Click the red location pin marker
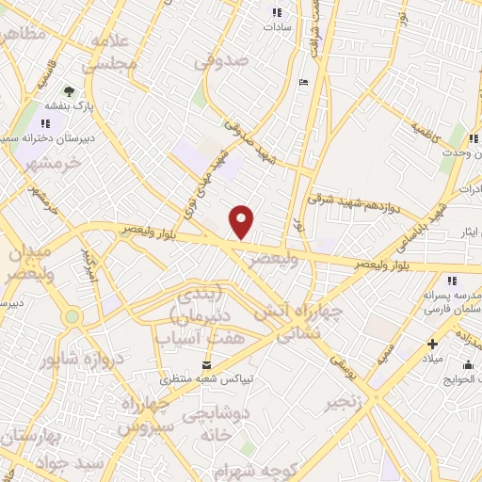click(243, 221)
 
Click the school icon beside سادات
click(277, 12)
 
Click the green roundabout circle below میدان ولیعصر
click(72, 317)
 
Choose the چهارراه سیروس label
click(147, 415)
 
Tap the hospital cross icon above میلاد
click(432, 345)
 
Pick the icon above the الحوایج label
click(468, 365)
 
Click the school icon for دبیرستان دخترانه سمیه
click(45, 123)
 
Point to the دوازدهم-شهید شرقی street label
click(362, 192)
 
